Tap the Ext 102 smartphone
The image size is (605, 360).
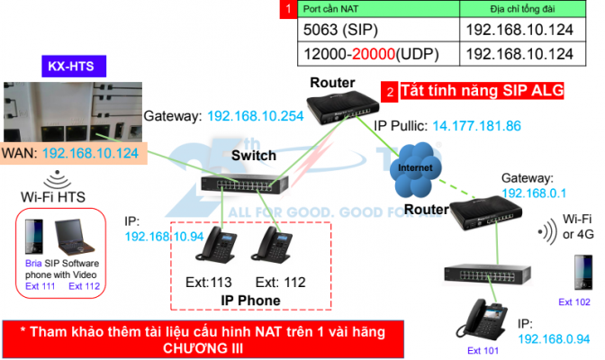(x=576, y=268)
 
